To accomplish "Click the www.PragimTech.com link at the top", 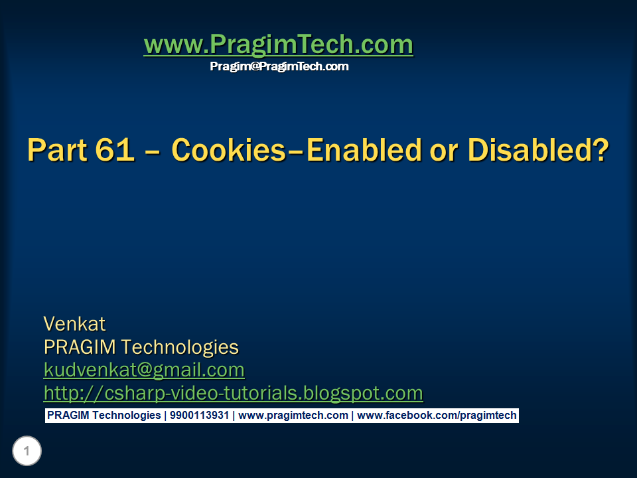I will tap(278, 45).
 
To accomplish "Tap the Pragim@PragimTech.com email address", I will tap(279, 66).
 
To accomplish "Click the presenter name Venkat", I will tap(74, 324).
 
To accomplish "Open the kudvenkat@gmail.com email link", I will tap(144, 370).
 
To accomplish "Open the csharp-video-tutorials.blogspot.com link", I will tap(233, 393).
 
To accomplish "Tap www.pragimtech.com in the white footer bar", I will tap(293, 416).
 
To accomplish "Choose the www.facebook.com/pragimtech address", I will tap(437, 416).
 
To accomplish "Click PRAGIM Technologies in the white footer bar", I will tap(104, 416).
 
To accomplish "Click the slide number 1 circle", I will tap(27, 452).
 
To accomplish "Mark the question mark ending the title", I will tap(600, 151).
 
